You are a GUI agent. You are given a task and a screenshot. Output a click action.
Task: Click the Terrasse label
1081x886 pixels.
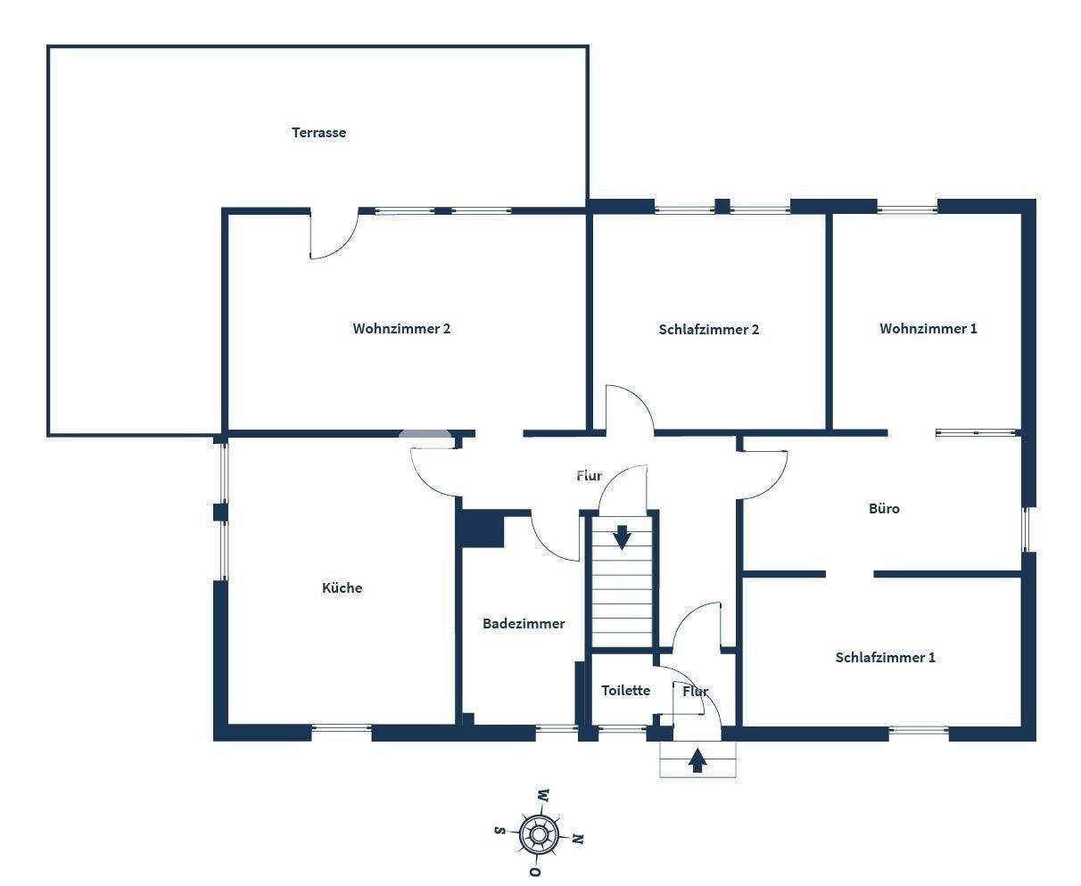point(318,133)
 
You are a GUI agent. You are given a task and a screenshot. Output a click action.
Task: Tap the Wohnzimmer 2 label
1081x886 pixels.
point(401,329)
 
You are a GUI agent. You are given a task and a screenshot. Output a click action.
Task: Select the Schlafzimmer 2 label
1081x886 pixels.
point(709,330)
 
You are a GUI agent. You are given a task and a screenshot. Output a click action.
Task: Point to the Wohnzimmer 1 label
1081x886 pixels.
point(928,329)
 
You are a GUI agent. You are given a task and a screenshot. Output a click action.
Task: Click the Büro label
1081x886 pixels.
point(884,509)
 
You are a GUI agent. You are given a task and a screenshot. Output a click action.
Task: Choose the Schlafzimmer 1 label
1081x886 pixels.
point(885,658)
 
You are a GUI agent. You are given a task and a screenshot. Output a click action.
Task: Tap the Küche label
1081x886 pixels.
point(342,588)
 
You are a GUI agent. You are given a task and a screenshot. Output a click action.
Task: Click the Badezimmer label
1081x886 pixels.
point(524,624)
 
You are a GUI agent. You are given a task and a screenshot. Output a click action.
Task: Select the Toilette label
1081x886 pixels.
point(625,691)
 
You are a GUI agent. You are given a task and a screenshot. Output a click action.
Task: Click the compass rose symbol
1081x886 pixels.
point(539,835)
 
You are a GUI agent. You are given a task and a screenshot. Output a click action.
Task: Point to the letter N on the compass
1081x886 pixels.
point(578,839)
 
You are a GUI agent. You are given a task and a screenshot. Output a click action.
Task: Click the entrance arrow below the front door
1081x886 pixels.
point(697,760)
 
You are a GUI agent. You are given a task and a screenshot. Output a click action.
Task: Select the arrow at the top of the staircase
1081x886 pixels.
point(622,537)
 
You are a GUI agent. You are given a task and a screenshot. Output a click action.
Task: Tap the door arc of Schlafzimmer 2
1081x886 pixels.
point(630,408)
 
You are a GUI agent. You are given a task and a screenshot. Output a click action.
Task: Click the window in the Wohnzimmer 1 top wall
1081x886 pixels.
point(907,209)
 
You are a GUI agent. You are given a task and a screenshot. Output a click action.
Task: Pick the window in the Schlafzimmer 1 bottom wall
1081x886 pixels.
point(918,732)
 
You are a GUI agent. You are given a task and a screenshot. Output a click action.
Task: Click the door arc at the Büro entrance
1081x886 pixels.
point(764,475)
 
